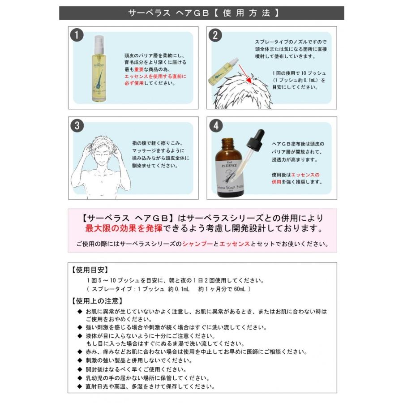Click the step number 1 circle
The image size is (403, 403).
coord(77,35)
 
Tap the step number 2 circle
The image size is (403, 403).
coord(216,35)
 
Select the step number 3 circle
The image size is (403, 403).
coord(77,126)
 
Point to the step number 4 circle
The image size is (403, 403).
coord(216,126)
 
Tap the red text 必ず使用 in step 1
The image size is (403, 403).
coord(134,83)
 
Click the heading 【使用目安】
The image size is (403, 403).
coord(89,270)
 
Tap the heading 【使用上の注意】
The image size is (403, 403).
coord(96,300)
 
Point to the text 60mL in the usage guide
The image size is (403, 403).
coord(239,289)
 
